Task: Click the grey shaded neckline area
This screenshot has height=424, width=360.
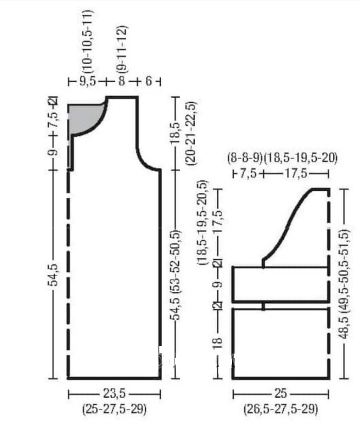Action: (x=84, y=117)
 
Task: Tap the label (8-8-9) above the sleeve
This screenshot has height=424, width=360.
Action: (x=245, y=159)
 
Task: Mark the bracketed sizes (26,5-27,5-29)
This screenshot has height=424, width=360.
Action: (x=281, y=409)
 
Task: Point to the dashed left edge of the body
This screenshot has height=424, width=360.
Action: (x=69, y=273)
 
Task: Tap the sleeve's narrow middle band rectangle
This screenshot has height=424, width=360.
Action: (x=281, y=284)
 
